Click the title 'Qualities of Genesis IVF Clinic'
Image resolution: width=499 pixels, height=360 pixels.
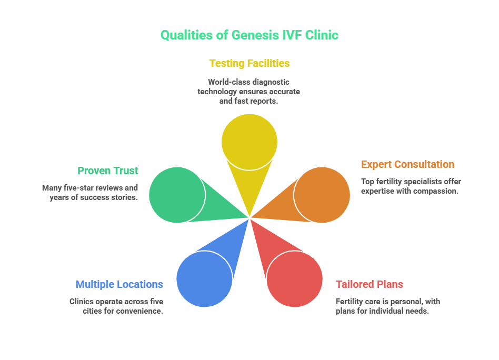pos(249,35)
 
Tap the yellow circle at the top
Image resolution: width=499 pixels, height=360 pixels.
pos(249,142)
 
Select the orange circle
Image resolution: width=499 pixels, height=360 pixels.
pos(322,195)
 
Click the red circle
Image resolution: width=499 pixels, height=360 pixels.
pos(294,279)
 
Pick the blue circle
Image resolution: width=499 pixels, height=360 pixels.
pos(204,279)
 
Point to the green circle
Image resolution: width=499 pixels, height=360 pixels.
pos(177,195)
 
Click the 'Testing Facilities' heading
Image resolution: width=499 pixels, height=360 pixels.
pos(249,64)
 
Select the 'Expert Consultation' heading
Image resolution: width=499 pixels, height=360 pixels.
pos(407,165)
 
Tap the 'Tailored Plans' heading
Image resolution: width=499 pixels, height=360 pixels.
pos(370,285)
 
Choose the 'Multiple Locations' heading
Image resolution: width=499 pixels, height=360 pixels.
pos(119,285)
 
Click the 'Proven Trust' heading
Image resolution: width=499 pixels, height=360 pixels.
pos(108,171)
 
